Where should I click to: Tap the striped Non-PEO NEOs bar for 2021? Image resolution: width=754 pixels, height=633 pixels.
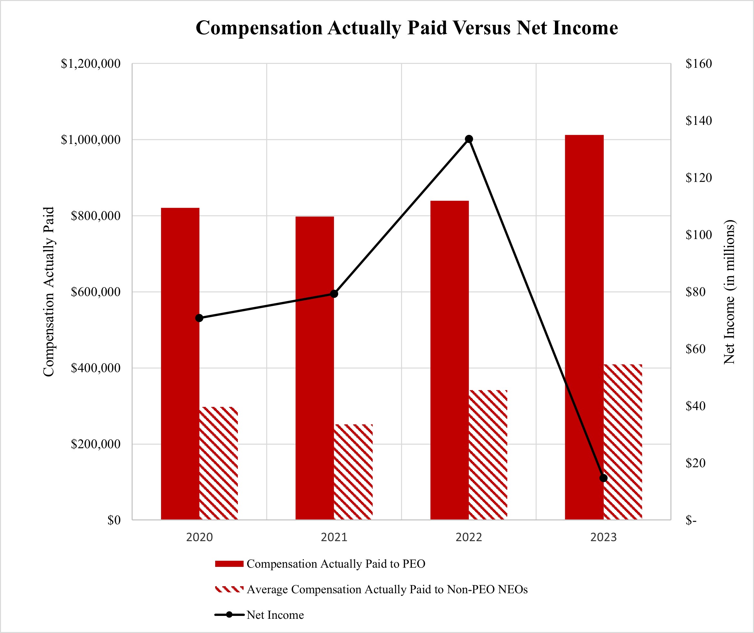353,472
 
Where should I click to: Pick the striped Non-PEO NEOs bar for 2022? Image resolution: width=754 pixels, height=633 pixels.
488,455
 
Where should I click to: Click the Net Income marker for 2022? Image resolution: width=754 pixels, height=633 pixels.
468,139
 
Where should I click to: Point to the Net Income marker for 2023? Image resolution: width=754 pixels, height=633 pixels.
604,478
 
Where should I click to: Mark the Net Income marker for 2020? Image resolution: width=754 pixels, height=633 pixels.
199,318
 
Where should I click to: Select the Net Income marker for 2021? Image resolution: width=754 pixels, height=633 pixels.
334,294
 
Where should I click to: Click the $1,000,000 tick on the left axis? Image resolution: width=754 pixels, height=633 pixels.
90,140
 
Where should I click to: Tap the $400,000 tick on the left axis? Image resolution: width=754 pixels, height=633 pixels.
96,368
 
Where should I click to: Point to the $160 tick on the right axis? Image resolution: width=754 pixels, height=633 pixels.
699,64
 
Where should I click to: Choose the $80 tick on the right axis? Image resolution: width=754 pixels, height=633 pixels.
696,292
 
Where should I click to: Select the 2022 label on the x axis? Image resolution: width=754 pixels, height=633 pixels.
468,538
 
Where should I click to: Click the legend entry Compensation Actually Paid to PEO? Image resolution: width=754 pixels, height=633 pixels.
336,564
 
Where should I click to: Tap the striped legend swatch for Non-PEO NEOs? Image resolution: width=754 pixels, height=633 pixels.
229,589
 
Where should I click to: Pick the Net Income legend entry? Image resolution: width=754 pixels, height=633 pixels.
275,615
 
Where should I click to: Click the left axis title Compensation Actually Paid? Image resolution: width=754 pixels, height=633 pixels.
48,292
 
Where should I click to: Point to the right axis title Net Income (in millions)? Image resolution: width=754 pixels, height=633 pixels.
729,292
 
